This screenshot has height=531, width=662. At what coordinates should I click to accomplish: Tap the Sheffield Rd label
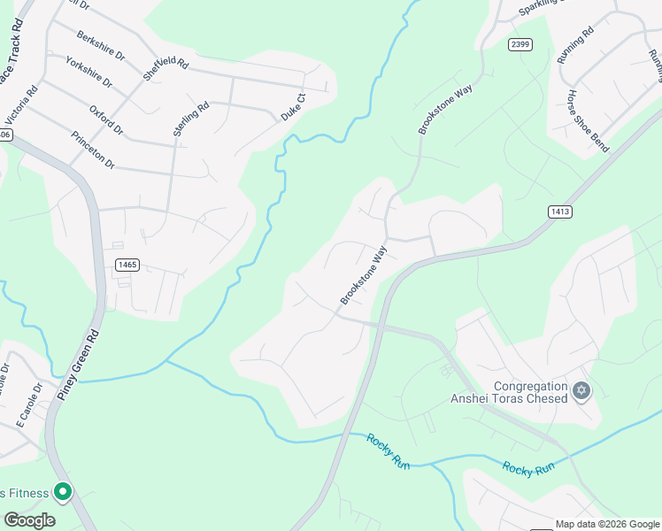tap(165, 58)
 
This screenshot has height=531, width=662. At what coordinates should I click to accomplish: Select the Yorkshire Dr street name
tap(89, 71)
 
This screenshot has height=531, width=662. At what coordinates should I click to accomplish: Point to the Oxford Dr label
tap(106, 119)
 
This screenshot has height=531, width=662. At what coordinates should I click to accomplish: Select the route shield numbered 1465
tap(128, 265)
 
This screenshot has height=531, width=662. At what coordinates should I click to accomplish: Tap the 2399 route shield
tap(520, 43)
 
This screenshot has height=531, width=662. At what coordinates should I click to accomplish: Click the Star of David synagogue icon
tap(581, 390)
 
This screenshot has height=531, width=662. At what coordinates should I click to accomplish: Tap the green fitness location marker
tap(63, 492)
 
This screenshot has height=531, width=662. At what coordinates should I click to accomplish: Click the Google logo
tap(30, 520)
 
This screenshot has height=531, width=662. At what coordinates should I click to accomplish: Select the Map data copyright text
tap(607, 524)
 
